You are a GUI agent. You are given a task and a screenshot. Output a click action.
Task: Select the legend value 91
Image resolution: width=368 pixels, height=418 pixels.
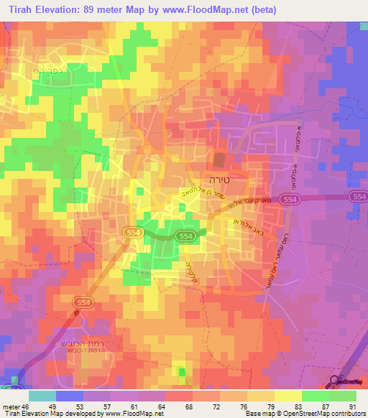(x=352, y=407)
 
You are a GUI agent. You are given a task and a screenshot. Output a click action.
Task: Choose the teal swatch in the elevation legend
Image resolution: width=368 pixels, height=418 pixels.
(x=42, y=396)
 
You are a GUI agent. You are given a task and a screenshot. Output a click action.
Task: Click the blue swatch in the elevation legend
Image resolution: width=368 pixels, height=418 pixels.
(x=70, y=396)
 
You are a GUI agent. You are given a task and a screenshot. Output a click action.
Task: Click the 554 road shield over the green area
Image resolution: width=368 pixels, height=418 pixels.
(x=185, y=236)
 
